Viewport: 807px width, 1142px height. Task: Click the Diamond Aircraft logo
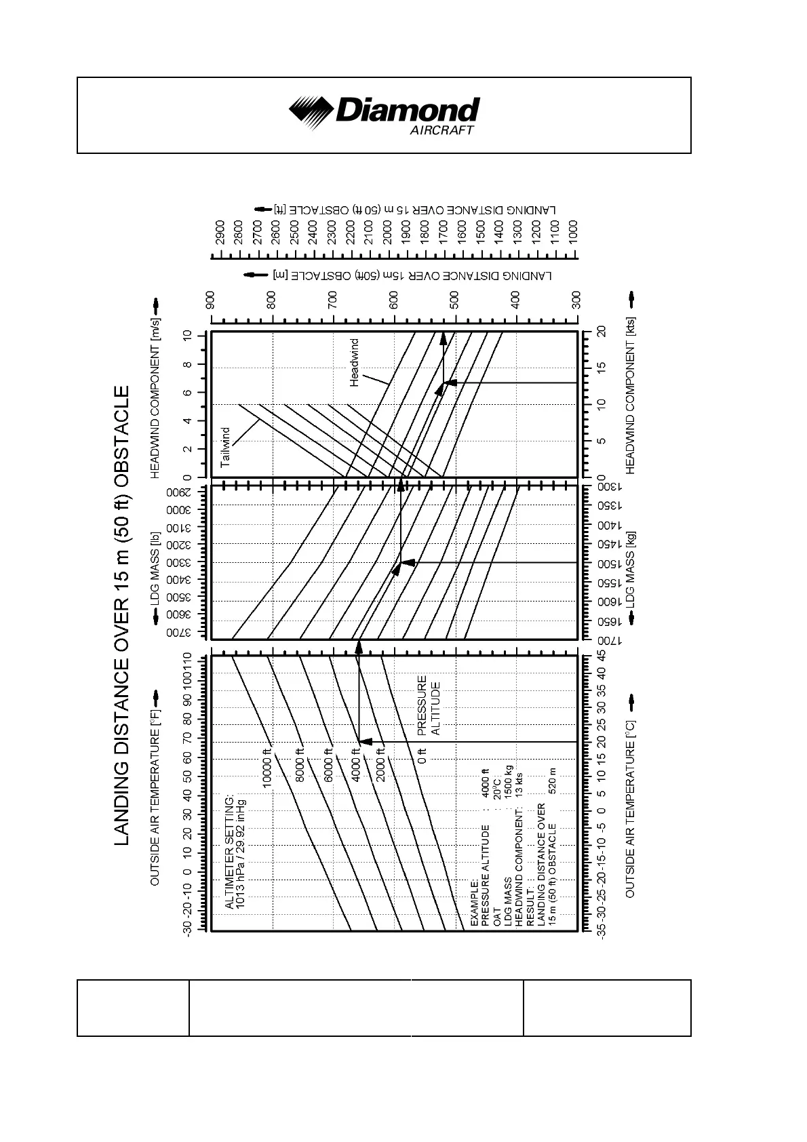pyautogui.click(x=384, y=116)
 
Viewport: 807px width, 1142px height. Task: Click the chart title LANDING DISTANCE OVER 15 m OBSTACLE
pyautogui.click(x=122, y=616)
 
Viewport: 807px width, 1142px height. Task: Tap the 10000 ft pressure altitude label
pyautogui.click(x=267, y=766)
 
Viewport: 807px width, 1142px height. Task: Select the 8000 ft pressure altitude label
pyautogui.click(x=300, y=766)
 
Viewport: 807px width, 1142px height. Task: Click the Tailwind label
pyautogui.click(x=226, y=447)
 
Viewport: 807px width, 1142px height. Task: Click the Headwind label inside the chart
pyautogui.click(x=354, y=363)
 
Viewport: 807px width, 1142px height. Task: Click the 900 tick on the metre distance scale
pyautogui.click(x=211, y=298)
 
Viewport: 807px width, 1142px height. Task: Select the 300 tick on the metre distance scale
pyautogui.click(x=576, y=298)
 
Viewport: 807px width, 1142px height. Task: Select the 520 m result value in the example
pyautogui.click(x=553, y=781)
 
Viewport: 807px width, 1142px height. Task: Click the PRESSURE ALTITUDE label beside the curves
pyautogui.click(x=429, y=705)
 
